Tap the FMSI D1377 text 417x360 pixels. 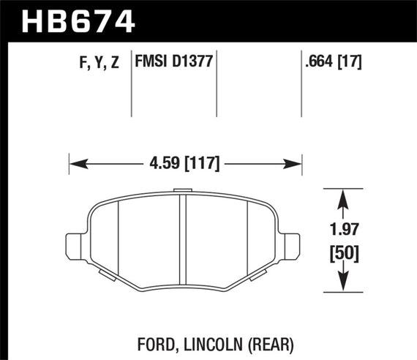173,62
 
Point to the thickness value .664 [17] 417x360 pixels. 333,62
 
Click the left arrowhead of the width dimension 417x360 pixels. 74,162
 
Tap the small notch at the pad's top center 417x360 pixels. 181,192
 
